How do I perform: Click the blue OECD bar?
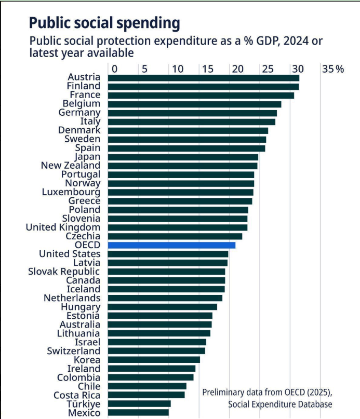click(172, 245)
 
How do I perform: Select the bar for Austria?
click(204, 78)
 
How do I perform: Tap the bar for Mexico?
click(138, 413)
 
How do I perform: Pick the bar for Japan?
click(183, 157)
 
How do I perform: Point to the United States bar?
click(168, 254)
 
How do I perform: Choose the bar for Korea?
click(154, 360)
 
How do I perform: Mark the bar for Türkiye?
click(139, 404)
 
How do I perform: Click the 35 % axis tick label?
click(333, 69)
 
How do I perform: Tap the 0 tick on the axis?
click(114, 69)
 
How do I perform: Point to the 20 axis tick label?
click(238, 69)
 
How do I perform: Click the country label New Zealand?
click(71, 166)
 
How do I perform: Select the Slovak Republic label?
click(64, 272)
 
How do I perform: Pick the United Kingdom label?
click(63, 227)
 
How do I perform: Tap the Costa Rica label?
click(77, 395)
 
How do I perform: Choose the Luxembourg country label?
click(71, 192)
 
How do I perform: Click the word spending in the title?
click(149, 23)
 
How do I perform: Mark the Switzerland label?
click(74, 351)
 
